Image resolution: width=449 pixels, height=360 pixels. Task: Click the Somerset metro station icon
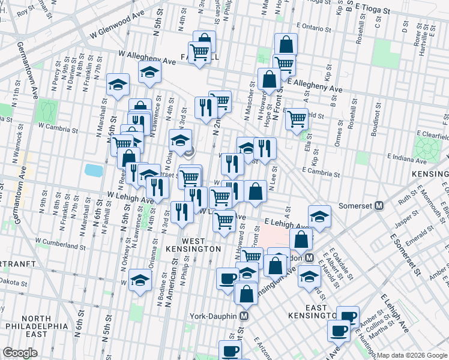tap(379, 205)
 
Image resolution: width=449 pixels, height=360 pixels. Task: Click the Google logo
tap(20, 353)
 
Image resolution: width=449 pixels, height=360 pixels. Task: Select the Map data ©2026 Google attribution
tap(412, 355)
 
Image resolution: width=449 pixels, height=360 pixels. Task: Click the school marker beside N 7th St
tap(119, 85)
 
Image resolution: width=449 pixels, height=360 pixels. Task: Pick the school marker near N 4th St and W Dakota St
tap(140, 280)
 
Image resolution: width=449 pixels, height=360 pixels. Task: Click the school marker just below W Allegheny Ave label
tap(149, 73)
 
